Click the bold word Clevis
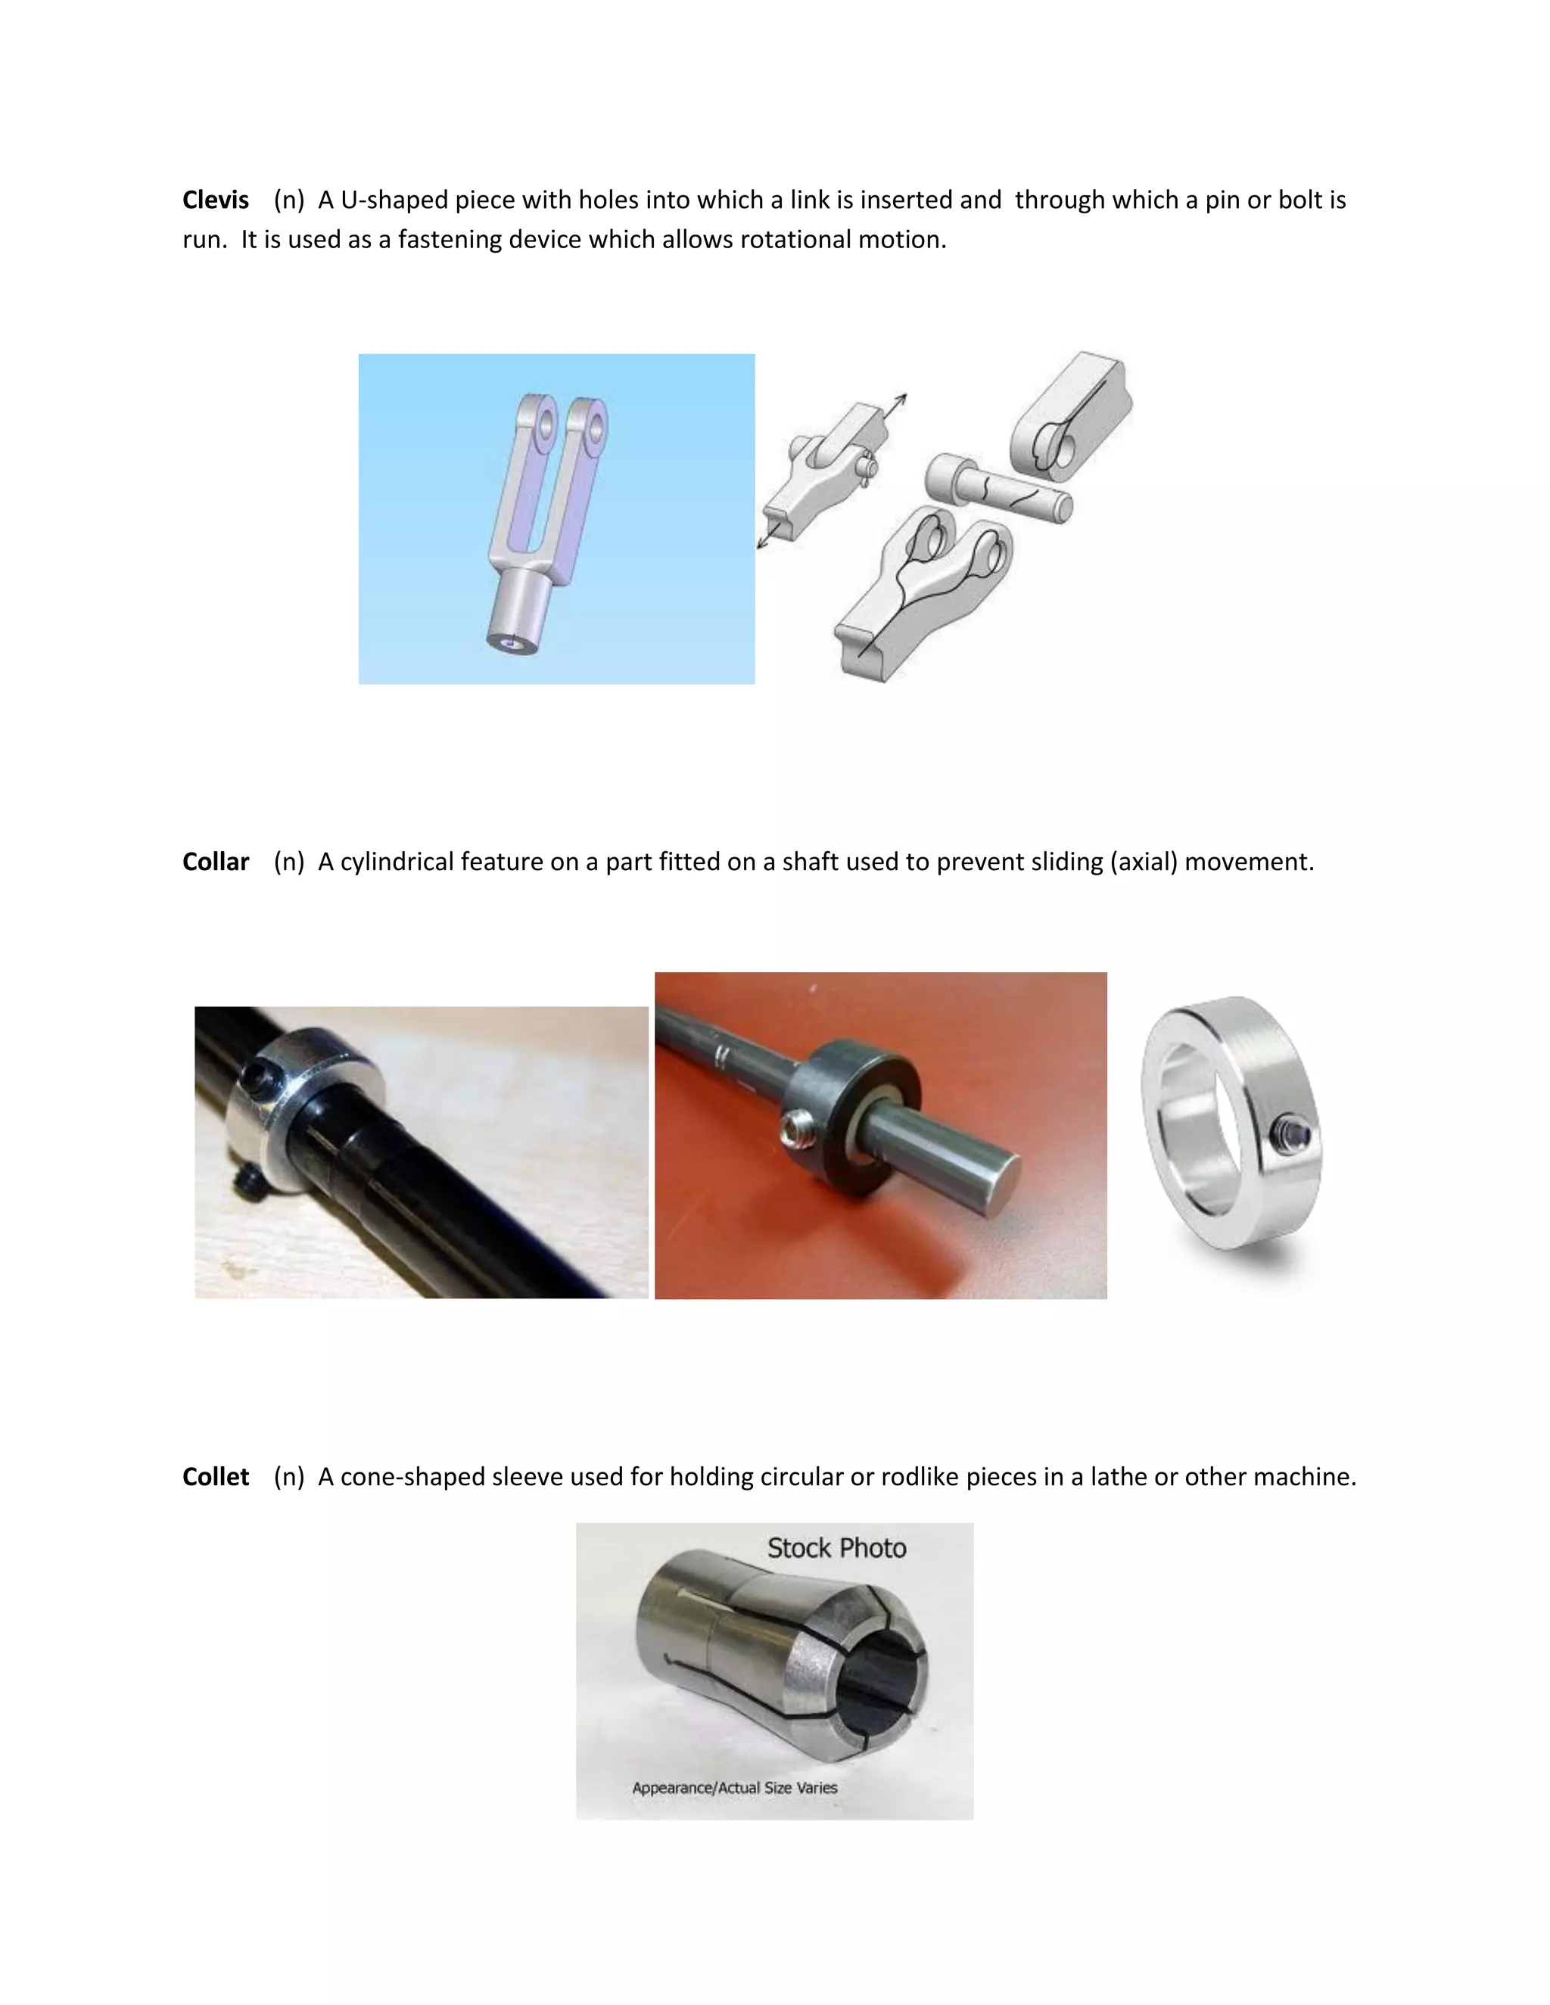pyautogui.click(x=215, y=201)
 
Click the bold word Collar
pyautogui.click(x=215, y=862)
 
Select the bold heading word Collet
pyautogui.click(x=215, y=1477)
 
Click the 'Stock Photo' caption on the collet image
pyautogui.click(x=836, y=1548)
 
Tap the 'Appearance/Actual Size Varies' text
pyautogui.click(x=735, y=1787)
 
